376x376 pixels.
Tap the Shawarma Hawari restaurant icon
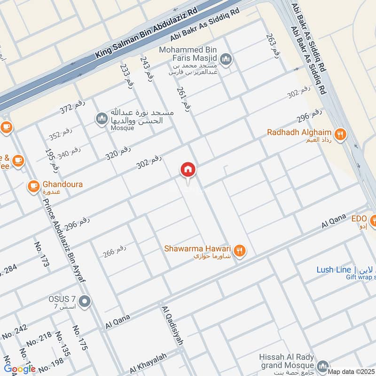point(240,251)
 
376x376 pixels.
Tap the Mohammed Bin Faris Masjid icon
point(226,59)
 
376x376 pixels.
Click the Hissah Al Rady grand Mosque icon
point(322,366)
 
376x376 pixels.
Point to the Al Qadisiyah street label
point(172,326)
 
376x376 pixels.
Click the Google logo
point(20,368)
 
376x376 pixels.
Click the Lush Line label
point(334,270)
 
